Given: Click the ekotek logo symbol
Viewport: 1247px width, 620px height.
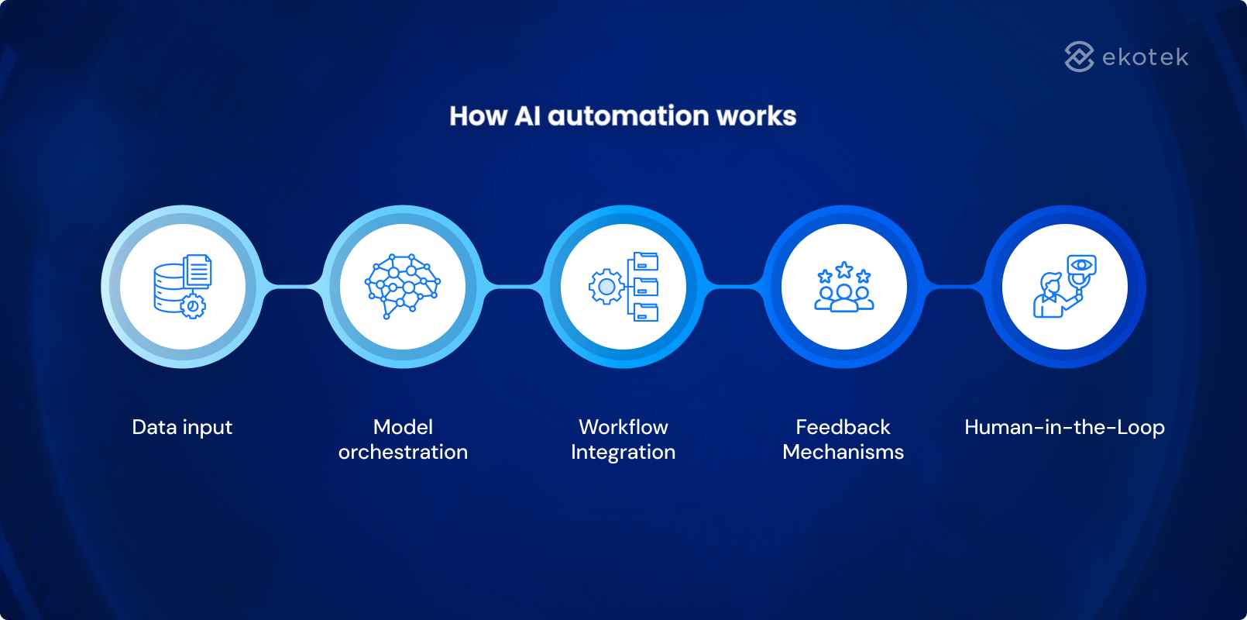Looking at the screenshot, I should pos(1079,57).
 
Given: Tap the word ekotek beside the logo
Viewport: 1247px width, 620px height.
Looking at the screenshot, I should pos(1145,57).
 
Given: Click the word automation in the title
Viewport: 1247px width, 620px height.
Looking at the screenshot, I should pos(628,115).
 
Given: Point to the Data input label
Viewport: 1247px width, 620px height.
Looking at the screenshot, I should pos(182,427).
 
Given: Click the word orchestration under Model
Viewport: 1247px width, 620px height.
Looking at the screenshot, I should pos(403,452).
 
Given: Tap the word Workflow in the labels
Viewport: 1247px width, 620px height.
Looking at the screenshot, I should pos(623,427).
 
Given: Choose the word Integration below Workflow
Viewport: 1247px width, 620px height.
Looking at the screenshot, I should pos(623,452).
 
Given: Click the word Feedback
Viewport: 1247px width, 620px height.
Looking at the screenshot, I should pos(843,427).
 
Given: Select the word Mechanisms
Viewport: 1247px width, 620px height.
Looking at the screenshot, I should pos(843,452).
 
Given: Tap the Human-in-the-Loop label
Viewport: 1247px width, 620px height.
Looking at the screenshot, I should pos(1064,427).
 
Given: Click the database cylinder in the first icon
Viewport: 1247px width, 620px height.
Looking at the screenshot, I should pos(168,288).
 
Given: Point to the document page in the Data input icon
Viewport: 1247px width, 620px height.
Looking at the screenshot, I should pos(198,270).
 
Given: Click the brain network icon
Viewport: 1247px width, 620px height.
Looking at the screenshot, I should pos(401,286).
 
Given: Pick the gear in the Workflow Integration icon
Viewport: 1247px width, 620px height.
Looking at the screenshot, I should pos(606,287).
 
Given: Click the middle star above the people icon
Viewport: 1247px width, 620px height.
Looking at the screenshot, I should pos(843,270).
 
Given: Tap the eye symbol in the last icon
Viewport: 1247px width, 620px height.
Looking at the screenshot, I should pos(1081,265).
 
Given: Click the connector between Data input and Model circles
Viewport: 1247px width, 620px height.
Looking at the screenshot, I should pos(292,287).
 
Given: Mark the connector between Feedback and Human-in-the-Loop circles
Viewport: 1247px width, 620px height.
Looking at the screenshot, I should pos(954,287).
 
